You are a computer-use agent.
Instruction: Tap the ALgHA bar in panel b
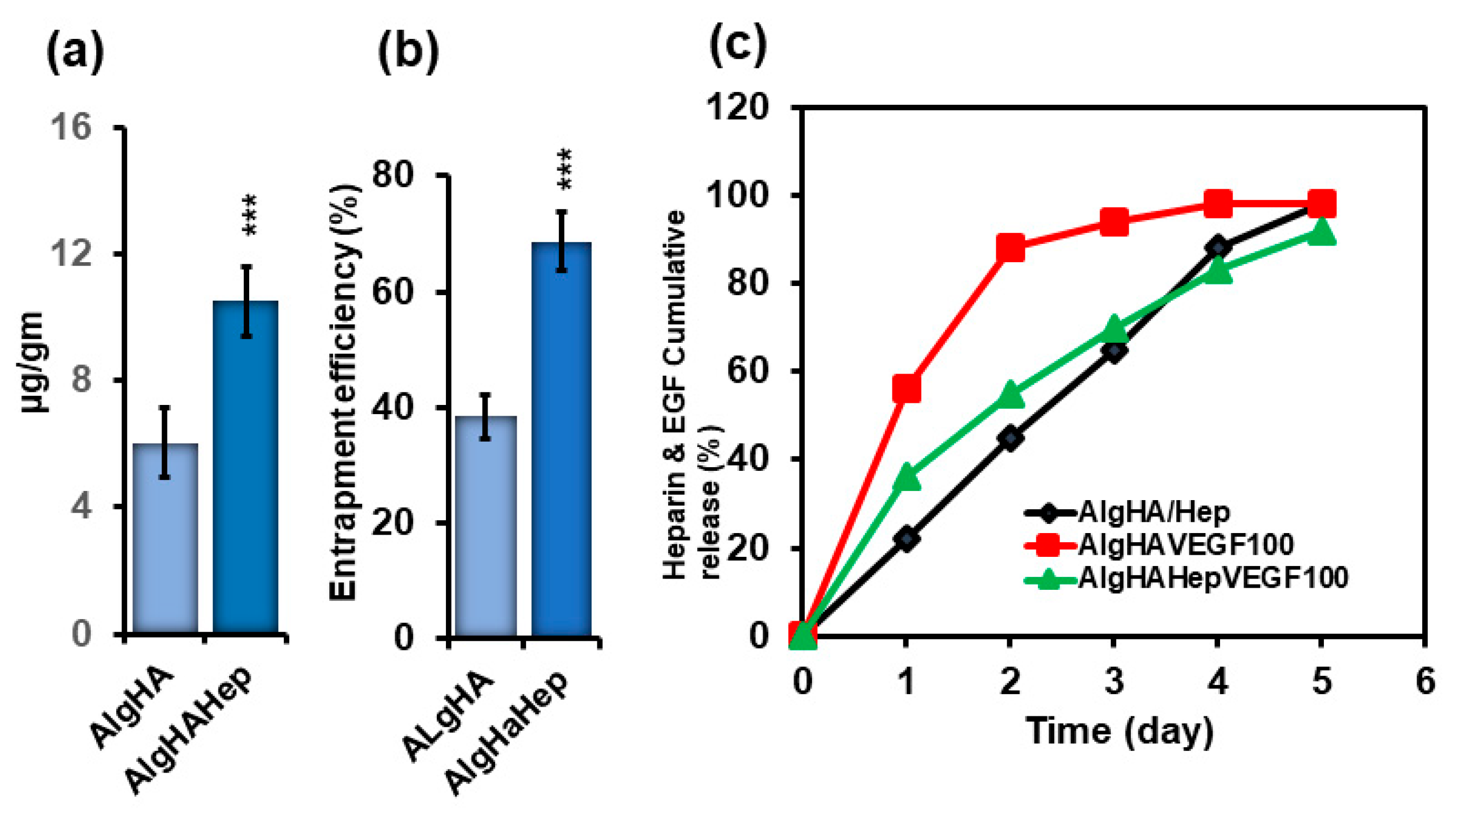[485, 526]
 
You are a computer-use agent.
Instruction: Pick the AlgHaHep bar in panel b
[561, 439]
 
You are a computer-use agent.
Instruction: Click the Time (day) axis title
[1120, 731]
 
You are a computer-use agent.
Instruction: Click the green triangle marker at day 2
[1010, 395]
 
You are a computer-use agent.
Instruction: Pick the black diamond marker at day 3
[1114, 351]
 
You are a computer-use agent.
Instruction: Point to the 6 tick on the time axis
[1425, 680]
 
